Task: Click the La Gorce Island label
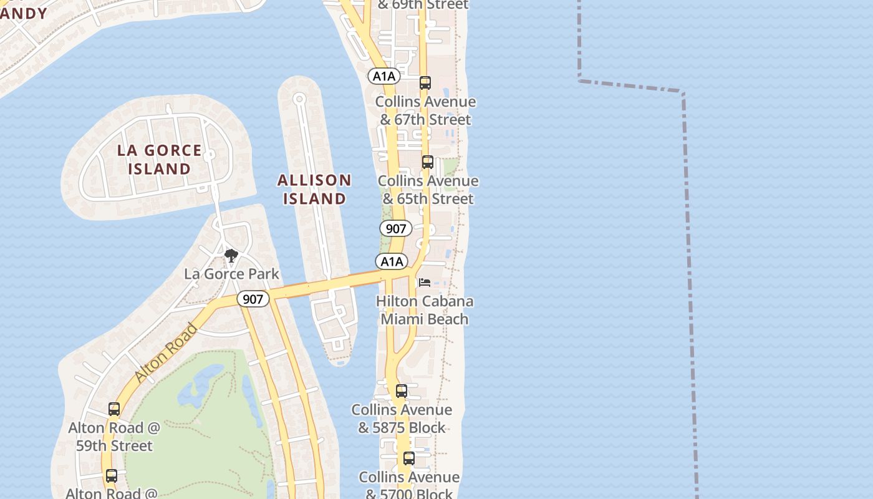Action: pos(160,160)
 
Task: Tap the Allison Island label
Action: pos(314,190)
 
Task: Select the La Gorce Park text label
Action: pos(231,274)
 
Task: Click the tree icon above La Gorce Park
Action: pos(231,255)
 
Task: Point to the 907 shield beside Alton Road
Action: pos(253,299)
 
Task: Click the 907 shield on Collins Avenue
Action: pos(396,229)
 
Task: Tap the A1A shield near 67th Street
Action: pos(384,76)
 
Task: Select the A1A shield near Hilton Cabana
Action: pos(392,261)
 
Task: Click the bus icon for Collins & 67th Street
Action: pos(425,83)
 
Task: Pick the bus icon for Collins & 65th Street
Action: pos(427,162)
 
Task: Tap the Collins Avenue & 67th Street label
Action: pos(425,110)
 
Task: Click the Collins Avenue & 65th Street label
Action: pos(428,190)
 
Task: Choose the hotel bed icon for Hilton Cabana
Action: pos(425,283)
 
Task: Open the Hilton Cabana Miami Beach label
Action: pos(425,310)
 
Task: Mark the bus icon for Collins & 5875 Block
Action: pos(402,391)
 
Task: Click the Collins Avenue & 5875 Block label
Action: pos(402,419)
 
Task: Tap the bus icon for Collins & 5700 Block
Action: pos(408,458)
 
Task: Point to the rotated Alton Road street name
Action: pos(166,352)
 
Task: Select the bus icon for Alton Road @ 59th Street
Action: pos(114,409)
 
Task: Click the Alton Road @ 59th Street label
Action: pos(114,437)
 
